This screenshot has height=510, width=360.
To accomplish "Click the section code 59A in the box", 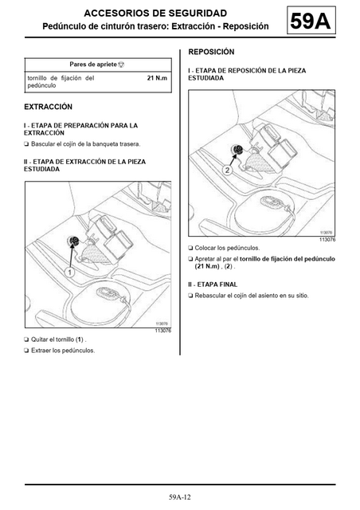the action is (x=311, y=21).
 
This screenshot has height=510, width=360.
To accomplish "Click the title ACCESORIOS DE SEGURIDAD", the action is (x=155, y=14).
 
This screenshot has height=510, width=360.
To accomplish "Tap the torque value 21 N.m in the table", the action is (x=157, y=78).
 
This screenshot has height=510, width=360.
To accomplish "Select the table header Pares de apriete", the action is (x=93, y=65).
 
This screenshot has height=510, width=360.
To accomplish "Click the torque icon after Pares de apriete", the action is (x=121, y=65).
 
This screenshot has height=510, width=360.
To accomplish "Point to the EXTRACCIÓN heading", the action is (x=48, y=107).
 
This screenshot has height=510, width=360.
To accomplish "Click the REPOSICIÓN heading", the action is (x=211, y=52).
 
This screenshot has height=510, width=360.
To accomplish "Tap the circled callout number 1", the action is (x=69, y=272).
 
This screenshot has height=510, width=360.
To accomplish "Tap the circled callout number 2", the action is (x=227, y=170).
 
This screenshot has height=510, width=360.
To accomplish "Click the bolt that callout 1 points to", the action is (x=74, y=241).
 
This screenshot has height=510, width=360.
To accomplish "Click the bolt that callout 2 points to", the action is (x=237, y=150).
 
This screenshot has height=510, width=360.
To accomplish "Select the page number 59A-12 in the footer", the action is (x=180, y=497).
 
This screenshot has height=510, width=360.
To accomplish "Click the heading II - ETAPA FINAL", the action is (x=213, y=284).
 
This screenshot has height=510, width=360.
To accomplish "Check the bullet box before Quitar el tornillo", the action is (x=26, y=340).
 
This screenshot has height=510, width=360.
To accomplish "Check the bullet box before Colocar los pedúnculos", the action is (x=190, y=248).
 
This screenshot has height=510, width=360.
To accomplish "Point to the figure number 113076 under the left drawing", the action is (x=163, y=331).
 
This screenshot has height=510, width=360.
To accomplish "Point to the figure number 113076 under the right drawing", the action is (x=327, y=240).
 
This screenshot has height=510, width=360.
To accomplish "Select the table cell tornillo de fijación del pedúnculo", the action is (x=61, y=81).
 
